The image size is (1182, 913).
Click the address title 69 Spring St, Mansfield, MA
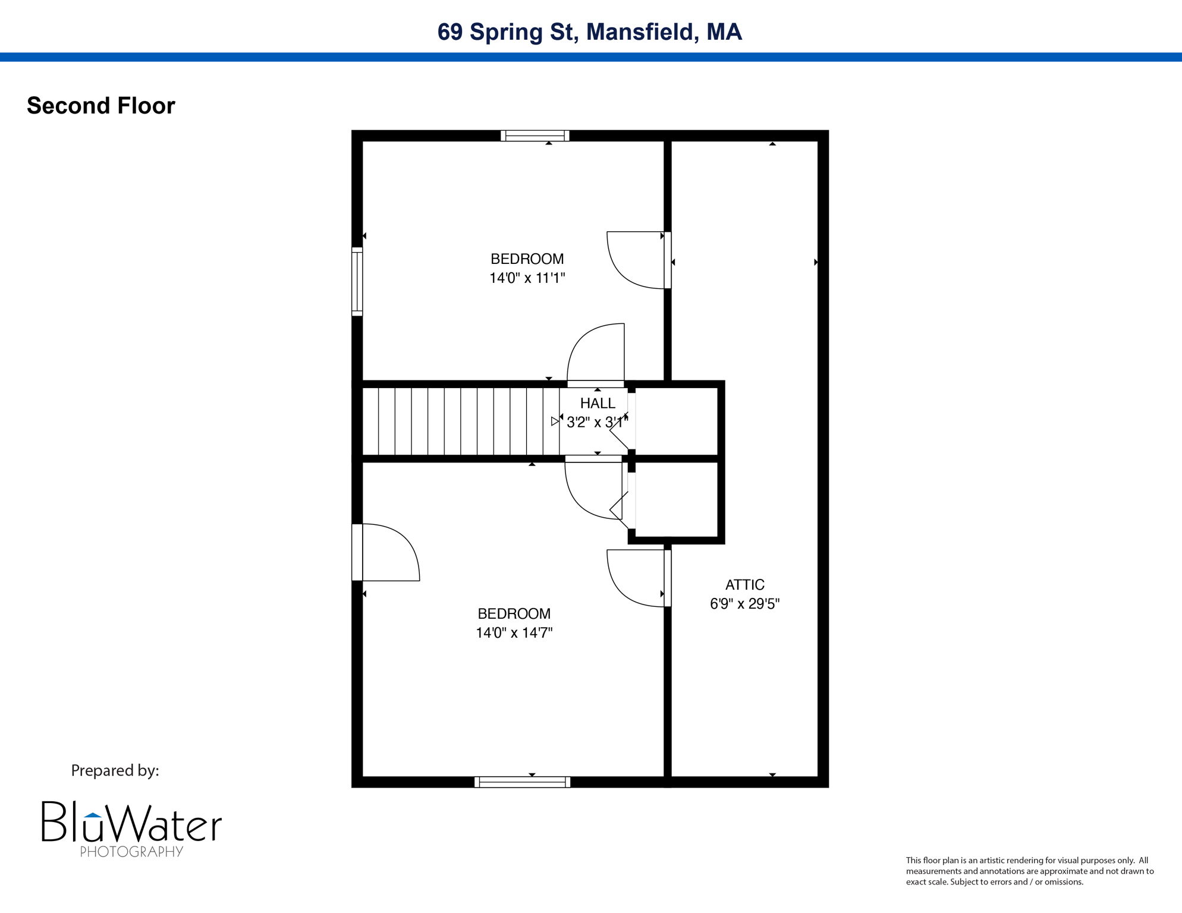pos(589,32)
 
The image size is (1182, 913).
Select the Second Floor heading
pos(101,106)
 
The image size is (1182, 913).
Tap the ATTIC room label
pos(744,585)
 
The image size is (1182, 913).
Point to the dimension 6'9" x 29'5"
pos(744,604)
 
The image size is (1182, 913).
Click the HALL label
pos(598,404)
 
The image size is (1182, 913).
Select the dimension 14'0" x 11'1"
pos(527,278)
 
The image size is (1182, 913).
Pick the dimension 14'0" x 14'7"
pos(514,632)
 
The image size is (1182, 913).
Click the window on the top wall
pos(535,136)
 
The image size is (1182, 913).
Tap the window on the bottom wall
pos(522,782)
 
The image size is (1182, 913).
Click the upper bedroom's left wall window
pos(357,281)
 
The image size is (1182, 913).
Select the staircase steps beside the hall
pos(461,421)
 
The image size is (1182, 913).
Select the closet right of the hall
pos(677,421)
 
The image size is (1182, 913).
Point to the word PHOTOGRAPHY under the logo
pos(131,852)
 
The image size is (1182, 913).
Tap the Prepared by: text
pos(115,770)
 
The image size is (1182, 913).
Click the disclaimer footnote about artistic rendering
pos(1029,871)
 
